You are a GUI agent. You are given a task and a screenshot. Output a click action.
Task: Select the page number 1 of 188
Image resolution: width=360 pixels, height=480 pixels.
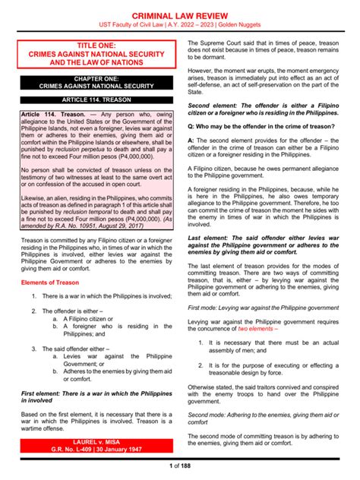pos(179,465)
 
